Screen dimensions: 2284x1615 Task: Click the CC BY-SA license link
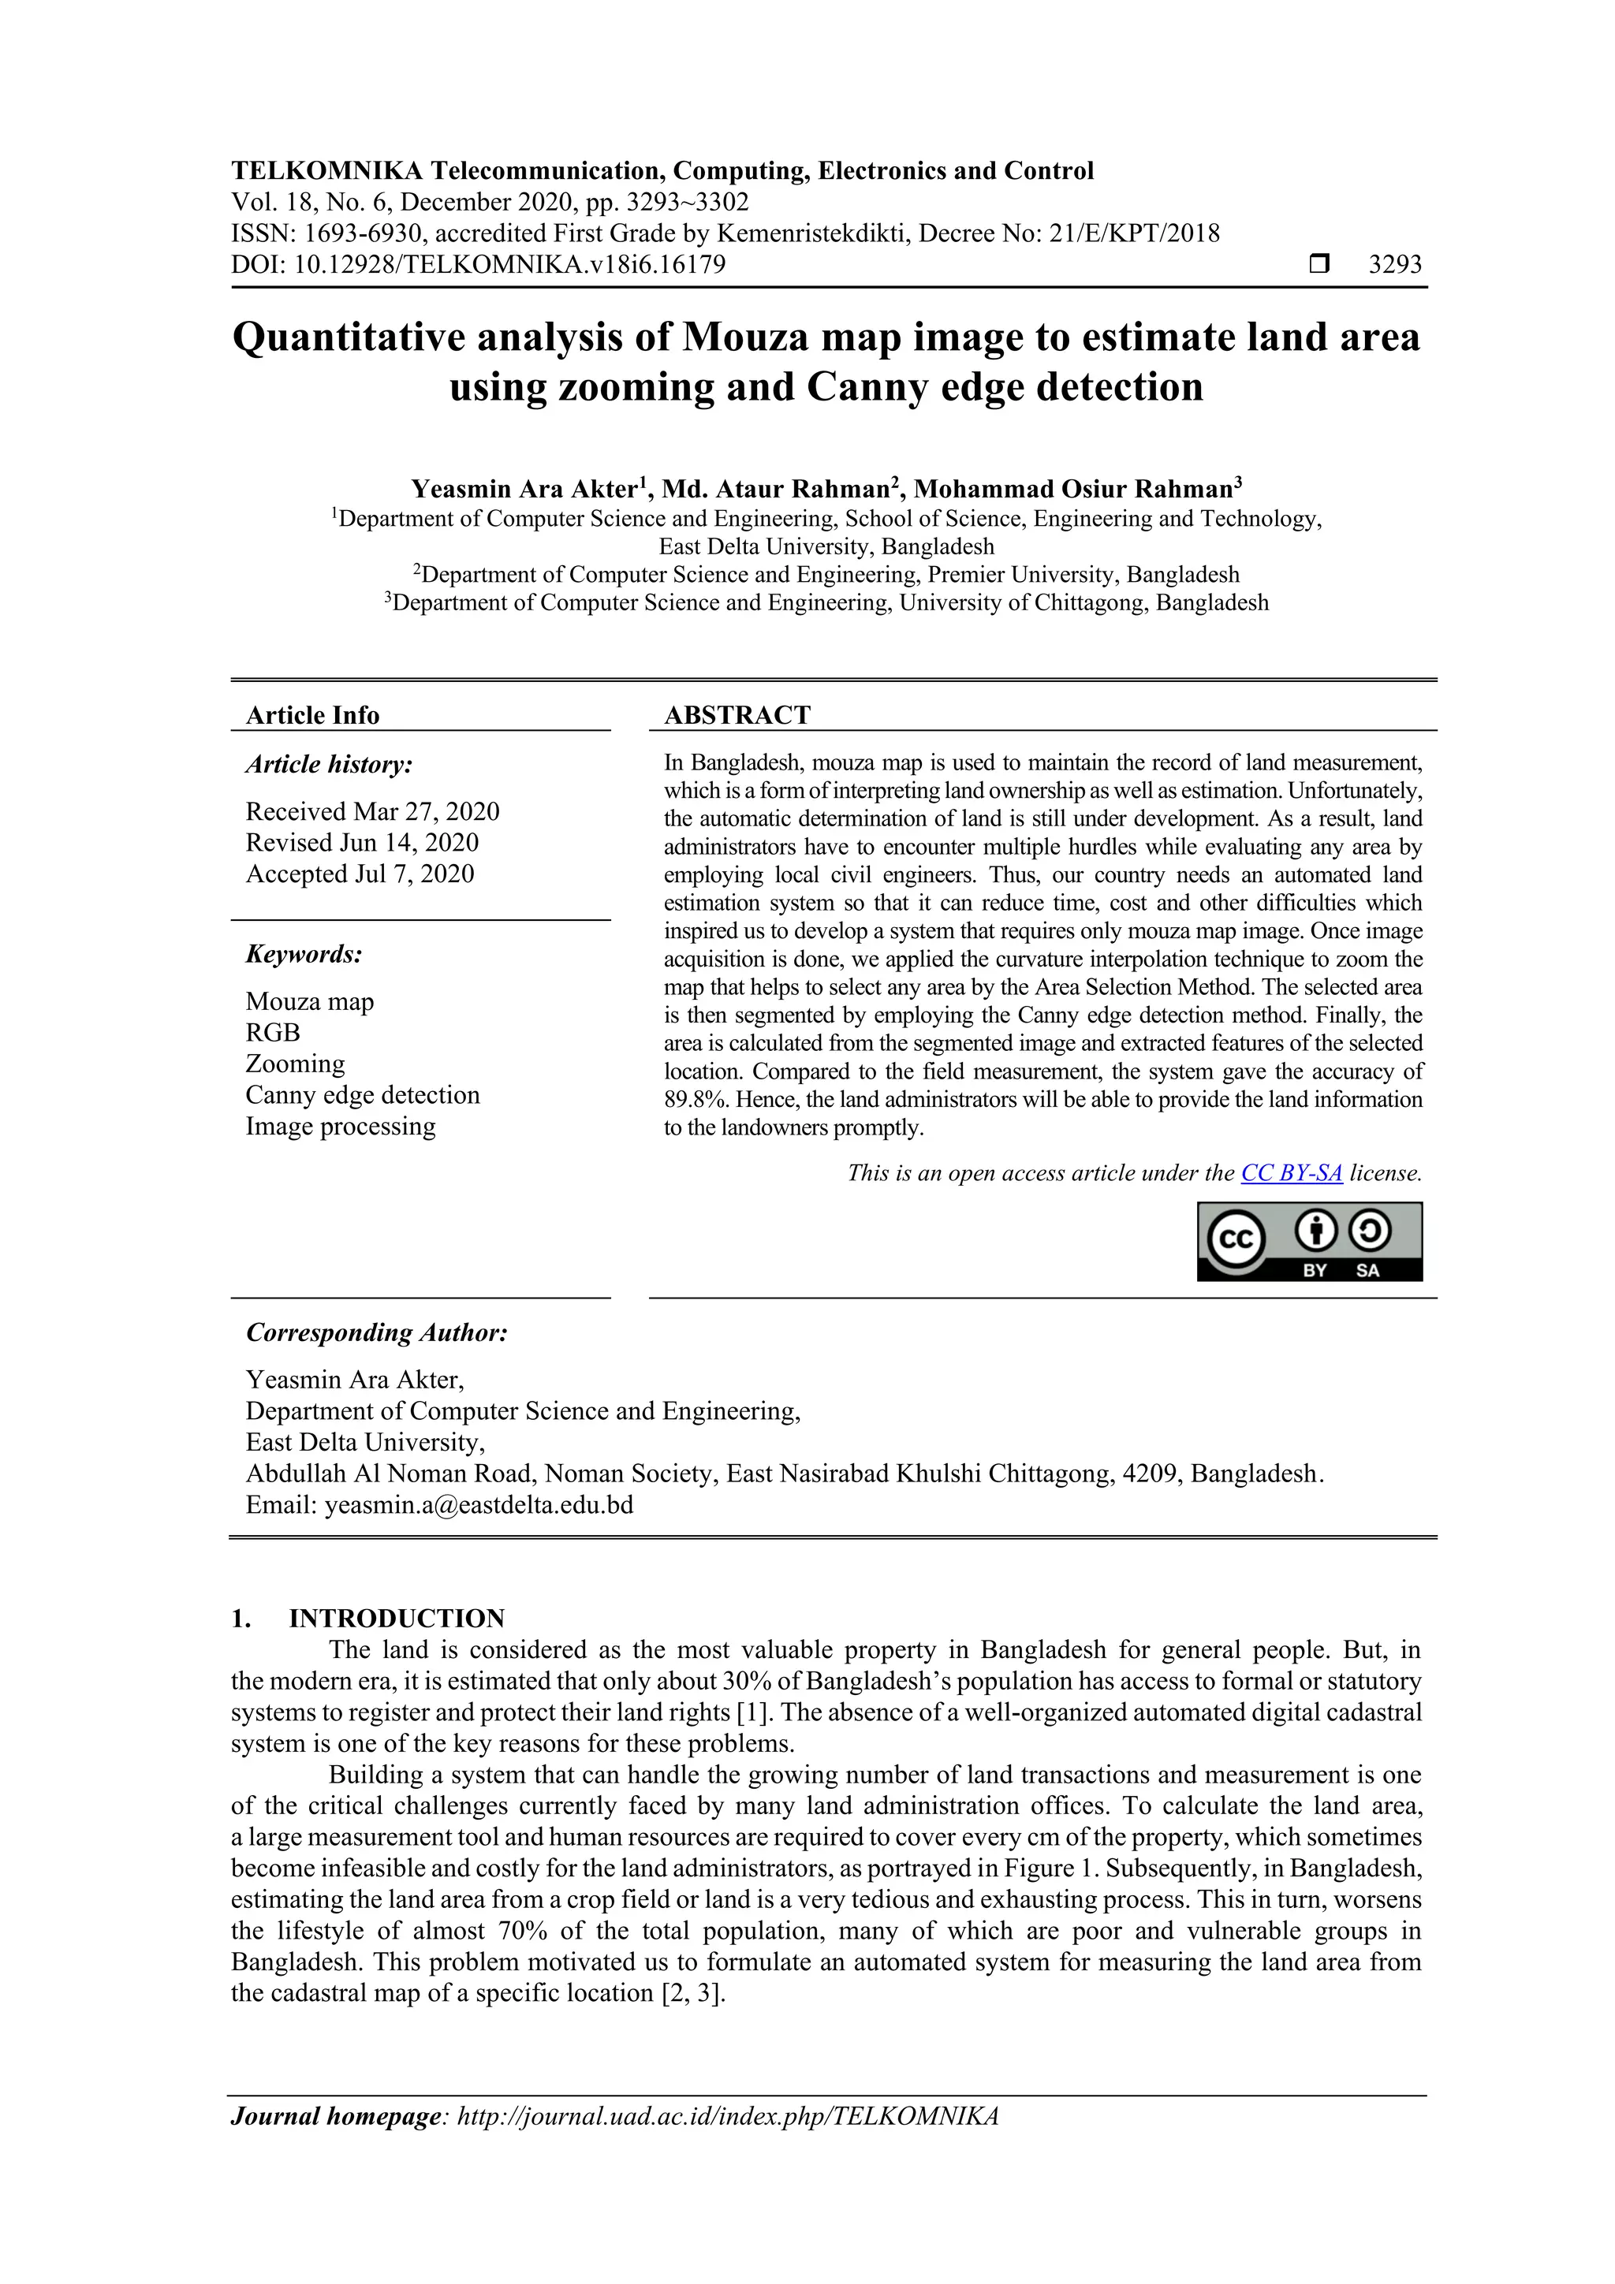1291,1173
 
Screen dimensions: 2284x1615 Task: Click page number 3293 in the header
1395,265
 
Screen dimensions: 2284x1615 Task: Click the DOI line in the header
478,265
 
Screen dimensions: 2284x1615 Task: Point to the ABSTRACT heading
737,714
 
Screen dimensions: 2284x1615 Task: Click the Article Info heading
312,714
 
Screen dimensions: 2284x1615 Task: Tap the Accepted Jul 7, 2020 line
360,874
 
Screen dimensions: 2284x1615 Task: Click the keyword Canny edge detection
362,1094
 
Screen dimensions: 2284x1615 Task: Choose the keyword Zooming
295,1064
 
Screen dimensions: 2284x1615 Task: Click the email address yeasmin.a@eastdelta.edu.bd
479,1504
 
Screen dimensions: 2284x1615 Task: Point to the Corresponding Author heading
376,1332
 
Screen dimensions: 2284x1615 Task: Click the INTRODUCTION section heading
396,1618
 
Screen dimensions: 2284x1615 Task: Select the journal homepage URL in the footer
726,2115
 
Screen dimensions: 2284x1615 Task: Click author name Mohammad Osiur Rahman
1072,489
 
